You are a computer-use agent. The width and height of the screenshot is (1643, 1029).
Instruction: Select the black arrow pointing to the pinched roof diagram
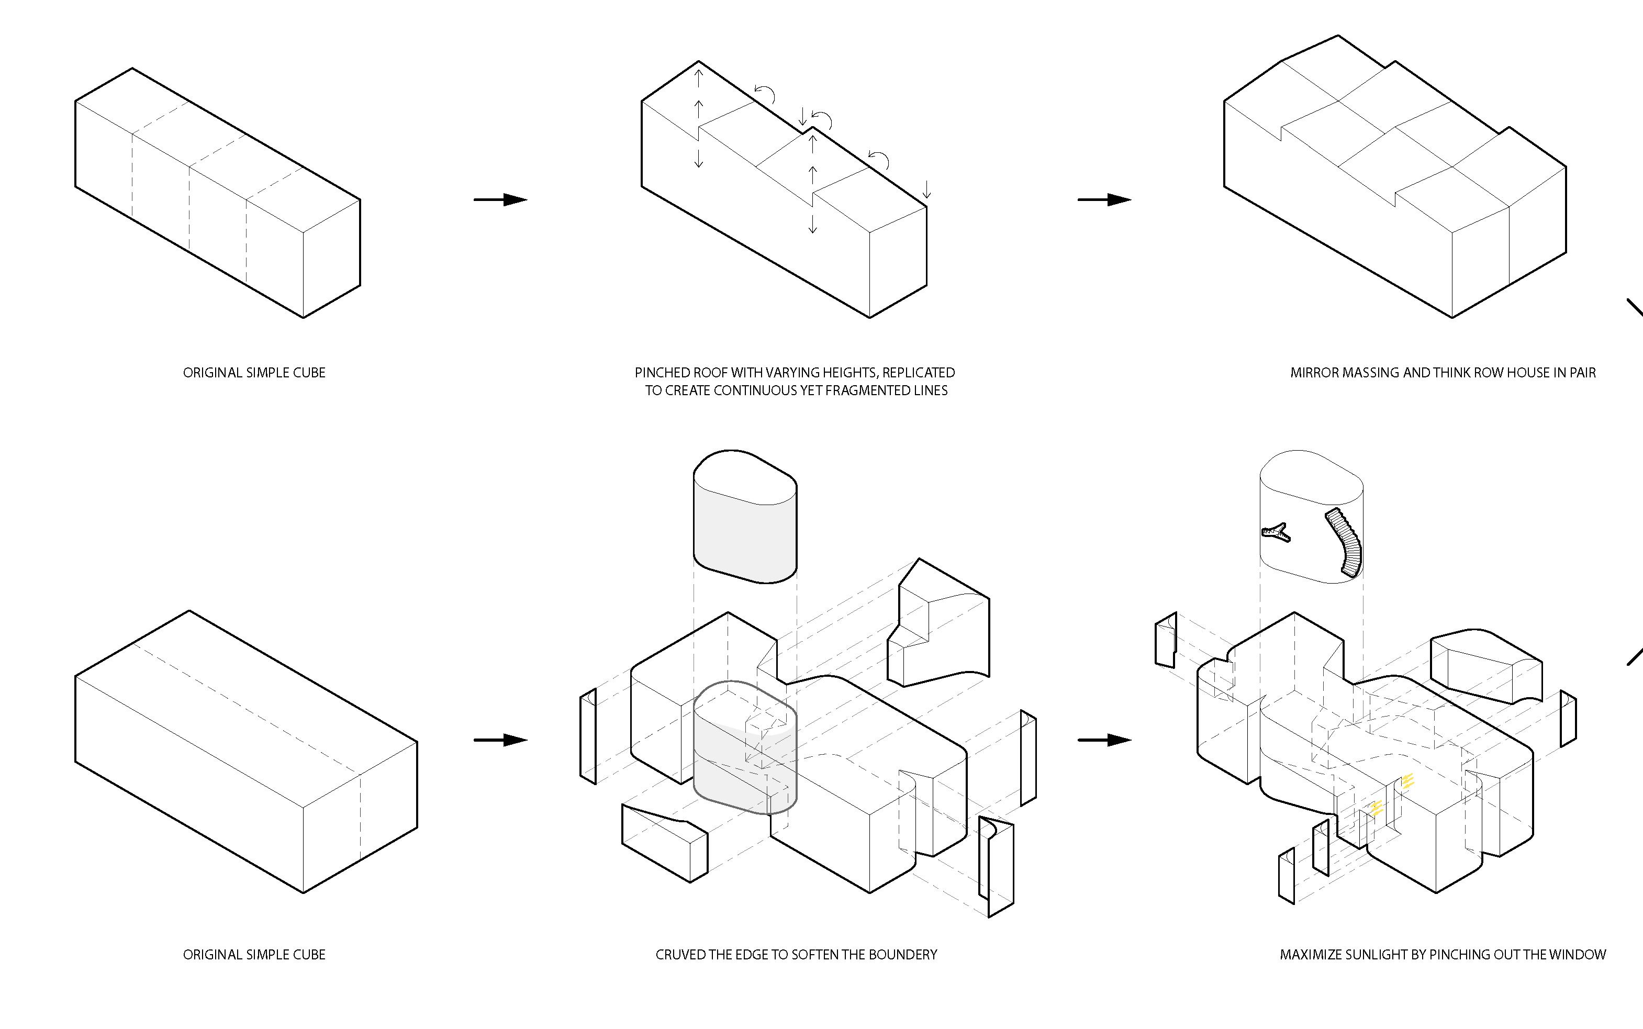click(x=500, y=199)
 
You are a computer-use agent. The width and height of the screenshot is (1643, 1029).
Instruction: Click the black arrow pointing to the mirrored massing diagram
click(x=1104, y=199)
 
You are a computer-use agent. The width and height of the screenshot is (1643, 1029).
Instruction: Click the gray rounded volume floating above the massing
click(x=745, y=517)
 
